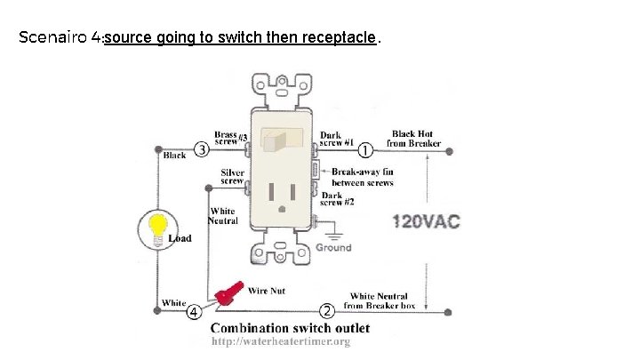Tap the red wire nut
coord(230,292)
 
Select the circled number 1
coord(365,150)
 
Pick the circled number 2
coord(326,311)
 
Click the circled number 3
coord(203,149)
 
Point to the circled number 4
coord(193,311)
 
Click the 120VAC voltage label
coord(426,221)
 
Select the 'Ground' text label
coord(333,248)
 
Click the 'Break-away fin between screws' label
coord(362,177)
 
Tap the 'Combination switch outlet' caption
coord(290,328)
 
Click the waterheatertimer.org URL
coord(280,342)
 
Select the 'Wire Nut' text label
coord(266,290)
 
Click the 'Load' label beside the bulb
coord(180,238)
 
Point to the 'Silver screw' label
coord(232,176)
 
